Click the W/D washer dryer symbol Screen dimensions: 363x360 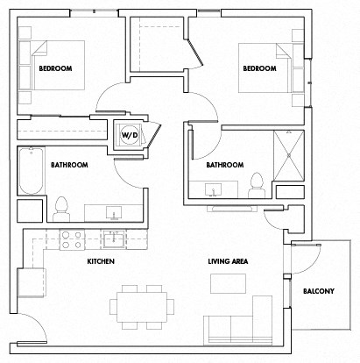click(x=128, y=135)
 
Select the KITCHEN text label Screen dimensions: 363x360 click(x=101, y=261)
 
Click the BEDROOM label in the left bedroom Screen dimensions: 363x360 click(x=53, y=68)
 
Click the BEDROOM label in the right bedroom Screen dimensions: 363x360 click(x=259, y=68)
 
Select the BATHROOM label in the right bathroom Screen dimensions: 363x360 click(x=223, y=164)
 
